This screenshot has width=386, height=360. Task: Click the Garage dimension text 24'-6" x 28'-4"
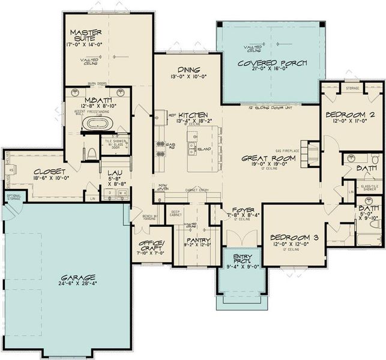[x=77, y=286]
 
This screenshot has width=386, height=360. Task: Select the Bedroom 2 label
[x=350, y=115]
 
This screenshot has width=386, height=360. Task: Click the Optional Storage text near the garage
[x=13, y=197]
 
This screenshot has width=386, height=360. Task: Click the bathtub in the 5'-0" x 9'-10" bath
[x=367, y=241]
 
